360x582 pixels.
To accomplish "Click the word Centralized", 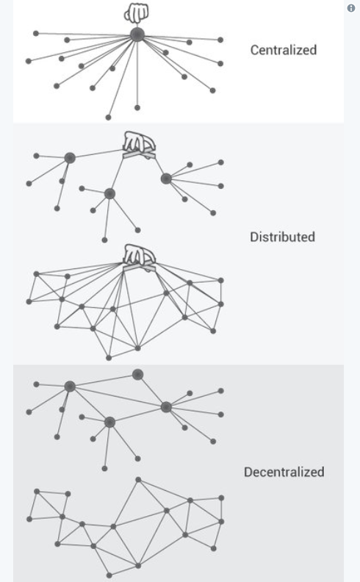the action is coord(284,50).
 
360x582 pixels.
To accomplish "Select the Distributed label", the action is coord(282,237).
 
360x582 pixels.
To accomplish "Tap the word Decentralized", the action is coord(284,472).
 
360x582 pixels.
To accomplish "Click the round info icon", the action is coord(351,8).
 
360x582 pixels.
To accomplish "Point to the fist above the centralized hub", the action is coord(136,12).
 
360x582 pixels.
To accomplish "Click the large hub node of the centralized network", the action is coord(137,35).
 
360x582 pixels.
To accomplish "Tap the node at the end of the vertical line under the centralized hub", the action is coord(137,107).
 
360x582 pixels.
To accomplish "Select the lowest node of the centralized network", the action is coord(109,118).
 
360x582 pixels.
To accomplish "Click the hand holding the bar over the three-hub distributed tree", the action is coord(139,144).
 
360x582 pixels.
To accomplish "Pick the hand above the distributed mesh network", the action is coord(139,258).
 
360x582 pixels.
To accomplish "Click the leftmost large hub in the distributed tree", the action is coord(70,158).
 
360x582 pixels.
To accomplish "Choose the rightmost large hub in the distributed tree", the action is coord(166,179).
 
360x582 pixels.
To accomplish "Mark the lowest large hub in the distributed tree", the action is coord(109,193).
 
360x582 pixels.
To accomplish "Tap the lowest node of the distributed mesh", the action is coord(109,358).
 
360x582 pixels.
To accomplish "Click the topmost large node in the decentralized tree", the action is coord(137,374).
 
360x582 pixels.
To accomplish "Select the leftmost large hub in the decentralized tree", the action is coord(70,387).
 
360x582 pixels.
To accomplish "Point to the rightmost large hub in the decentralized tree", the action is coord(166,407).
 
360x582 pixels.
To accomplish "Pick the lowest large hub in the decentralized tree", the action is coord(109,422).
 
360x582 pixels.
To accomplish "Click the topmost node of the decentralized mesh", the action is coord(138,480).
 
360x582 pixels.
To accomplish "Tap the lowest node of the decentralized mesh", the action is coord(109,575).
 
